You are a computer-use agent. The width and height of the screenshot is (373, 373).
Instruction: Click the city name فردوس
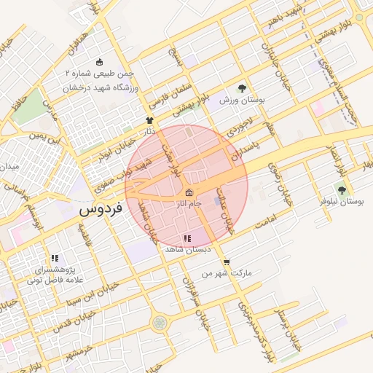pos(98,211)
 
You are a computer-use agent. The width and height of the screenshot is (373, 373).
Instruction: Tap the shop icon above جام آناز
pos(189,193)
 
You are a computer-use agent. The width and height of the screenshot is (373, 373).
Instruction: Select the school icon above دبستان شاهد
pos(187,238)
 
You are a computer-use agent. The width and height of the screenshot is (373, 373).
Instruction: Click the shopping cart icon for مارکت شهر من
pos(227,262)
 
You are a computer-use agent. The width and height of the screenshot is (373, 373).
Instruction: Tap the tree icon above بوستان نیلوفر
pos(342,189)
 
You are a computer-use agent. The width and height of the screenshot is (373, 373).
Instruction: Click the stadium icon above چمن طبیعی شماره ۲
pos(100,63)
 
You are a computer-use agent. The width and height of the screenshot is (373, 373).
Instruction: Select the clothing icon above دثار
pos(150,121)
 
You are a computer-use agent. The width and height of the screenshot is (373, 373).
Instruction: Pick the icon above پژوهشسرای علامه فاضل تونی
pos(54,258)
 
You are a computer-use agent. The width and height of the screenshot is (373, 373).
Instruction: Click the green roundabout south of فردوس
pos(159,321)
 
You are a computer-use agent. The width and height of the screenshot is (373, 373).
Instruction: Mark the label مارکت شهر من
pos(227,274)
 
